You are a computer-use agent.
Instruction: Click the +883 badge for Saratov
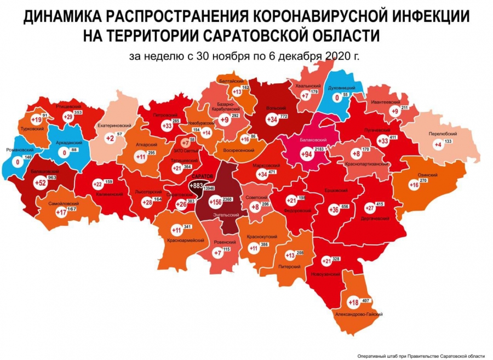tap(196, 186)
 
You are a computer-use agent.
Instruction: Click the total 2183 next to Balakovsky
tap(319, 150)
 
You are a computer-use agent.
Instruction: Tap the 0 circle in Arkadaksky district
tap(65, 153)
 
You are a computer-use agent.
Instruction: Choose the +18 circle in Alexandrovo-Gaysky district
tap(353, 302)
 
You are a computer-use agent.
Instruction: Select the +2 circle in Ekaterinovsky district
tap(110, 138)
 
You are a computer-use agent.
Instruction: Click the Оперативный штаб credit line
tap(421, 355)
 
